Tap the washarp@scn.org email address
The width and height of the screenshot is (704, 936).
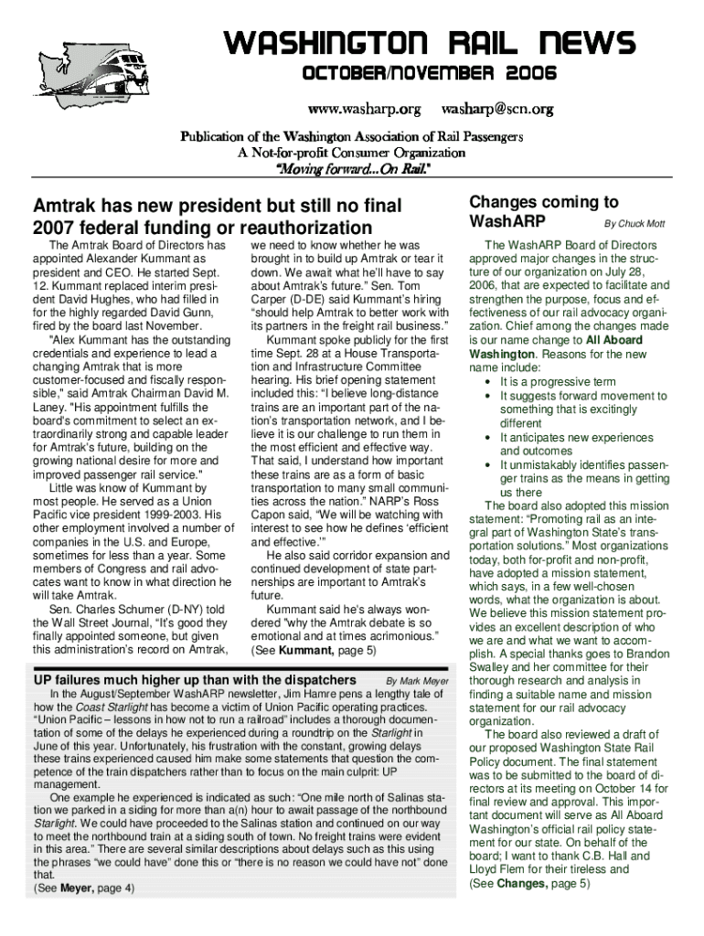coord(497,110)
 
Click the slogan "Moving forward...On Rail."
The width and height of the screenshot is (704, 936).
coord(352,169)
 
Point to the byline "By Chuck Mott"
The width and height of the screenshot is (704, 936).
coord(634,224)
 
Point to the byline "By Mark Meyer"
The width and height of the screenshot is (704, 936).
coord(417,681)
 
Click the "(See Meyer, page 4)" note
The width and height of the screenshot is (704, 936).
coord(83,888)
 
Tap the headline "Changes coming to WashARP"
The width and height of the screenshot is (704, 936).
coord(530,212)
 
